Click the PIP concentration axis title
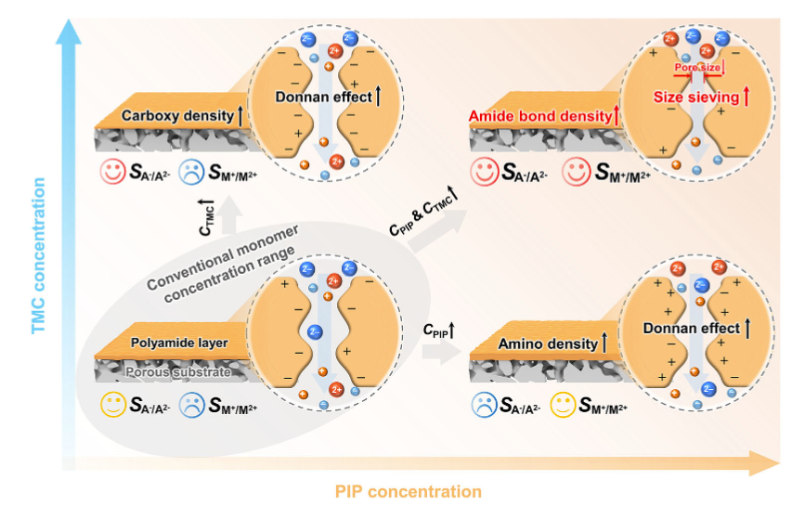pyautogui.click(x=409, y=490)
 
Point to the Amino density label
pyautogui.click(x=547, y=344)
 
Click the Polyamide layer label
pyautogui.click(x=180, y=344)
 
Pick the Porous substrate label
pyautogui.click(x=178, y=372)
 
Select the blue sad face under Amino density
pyautogui.click(x=484, y=404)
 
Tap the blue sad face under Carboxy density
pyautogui.click(x=192, y=171)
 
